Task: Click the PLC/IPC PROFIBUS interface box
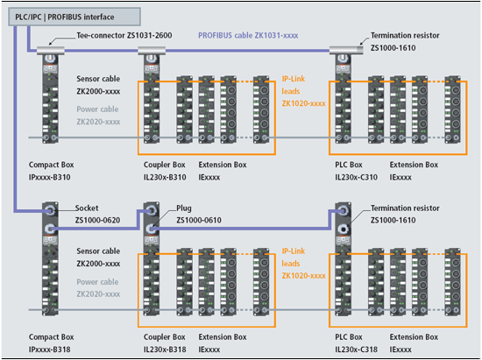click(x=74, y=17)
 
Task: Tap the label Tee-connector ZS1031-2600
click(x=124, y=36)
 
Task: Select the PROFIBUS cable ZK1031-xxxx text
click(x=248, y=36)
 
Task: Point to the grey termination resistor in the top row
click(x=346, y=50)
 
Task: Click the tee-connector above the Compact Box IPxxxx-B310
click(x=51, y=51)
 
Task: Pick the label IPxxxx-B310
click(x=49, y=177)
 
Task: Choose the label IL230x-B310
click(x=165, y=177)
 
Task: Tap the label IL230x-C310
click(x=357, y=177)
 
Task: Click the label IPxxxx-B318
click(x=49, y=349)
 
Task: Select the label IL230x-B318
click(x=165, y=349)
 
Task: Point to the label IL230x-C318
click(x=357, y=349)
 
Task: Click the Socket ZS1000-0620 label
click(x=97, y=214)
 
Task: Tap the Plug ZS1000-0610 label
click(x=199, y=214)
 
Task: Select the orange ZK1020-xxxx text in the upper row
click(x=304, y=103)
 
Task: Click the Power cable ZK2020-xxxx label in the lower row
click(x=98, y=288)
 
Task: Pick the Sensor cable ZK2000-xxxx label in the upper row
click(x=98, y=85)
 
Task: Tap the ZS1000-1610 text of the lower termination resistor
click(x=393, y=220)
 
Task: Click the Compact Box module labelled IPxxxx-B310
click(x=50, y=99)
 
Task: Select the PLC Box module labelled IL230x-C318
click(x=343, y=259)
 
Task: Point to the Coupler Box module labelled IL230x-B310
click(x=152, y=99)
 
